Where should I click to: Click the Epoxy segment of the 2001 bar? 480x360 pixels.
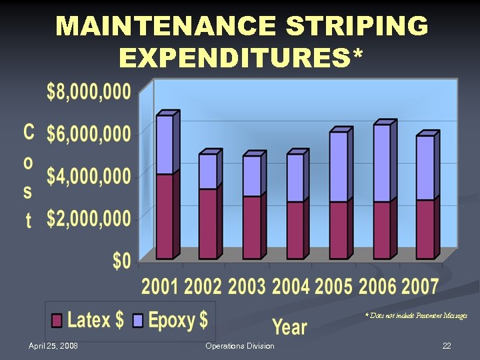(x=165, y=145)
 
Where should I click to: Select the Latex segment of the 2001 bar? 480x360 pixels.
(x=165, y=216)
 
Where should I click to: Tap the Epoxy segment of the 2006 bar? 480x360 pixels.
(x=382, y=163)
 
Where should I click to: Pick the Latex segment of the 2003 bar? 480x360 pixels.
(x=251, y=227)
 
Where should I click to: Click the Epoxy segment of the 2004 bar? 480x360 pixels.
(x=295, y=178)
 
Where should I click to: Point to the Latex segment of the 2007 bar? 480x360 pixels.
(x=425, y=229)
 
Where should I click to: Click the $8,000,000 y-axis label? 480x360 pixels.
(x=89, y=93)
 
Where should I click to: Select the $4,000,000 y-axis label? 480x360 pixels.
(x=89, y=177)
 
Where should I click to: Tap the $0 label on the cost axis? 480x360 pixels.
(x=121, y=261)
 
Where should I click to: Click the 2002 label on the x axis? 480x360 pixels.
(x=203, y=287)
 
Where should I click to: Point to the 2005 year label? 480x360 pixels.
(x=334, y=287)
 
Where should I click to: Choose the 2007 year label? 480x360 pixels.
(x=421, y=287)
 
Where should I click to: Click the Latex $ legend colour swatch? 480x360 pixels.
(x=57, y=321)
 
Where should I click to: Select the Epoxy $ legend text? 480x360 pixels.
(x=177, y=320)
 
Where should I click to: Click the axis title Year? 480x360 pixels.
(x=289, y=327)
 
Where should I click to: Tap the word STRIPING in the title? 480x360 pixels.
(x=356, y=27)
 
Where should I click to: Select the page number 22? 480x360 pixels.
(x=447, y=346)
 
